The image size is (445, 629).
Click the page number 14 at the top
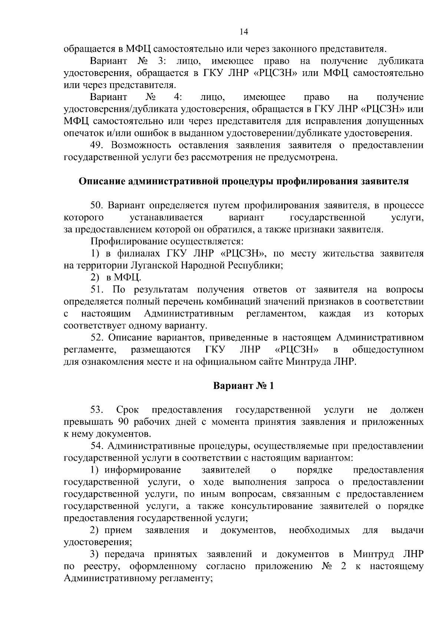pyautogui.click(x=244, y=32)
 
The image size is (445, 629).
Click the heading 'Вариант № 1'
pyautogui.click(x=244, y=386)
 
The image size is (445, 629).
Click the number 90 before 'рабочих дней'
pyautogui.click(x=123, y=422)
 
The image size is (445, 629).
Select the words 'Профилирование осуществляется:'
pyautogui.click(x=167, y=242)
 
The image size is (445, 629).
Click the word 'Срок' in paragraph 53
pyautogui.click(x=128, y=410)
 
